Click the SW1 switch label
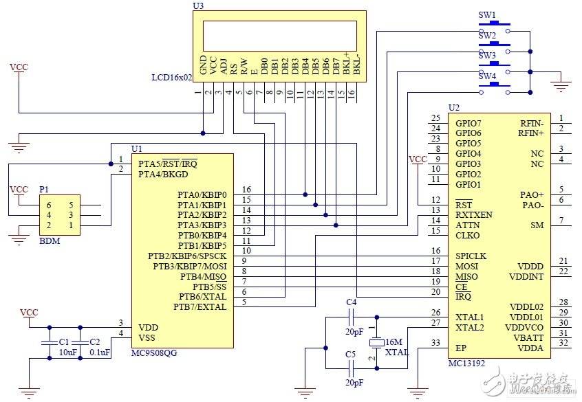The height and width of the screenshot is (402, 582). click(487, 14)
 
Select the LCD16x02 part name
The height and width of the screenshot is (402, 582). click(171, 78)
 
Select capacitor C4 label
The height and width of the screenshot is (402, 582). click(351, 302)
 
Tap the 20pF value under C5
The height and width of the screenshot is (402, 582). click(354, 382)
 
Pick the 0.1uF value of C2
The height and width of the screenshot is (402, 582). click(100, 353)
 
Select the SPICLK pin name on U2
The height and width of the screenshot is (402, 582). click(471, 256)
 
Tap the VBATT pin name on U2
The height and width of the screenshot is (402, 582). click(529, 338)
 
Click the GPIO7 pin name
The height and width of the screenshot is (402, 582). click(468, 123)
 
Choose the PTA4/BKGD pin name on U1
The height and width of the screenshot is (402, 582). click(163, 174)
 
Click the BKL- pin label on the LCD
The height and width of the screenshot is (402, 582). click(356, 65)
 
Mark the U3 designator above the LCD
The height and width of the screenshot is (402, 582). click(199, 5)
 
